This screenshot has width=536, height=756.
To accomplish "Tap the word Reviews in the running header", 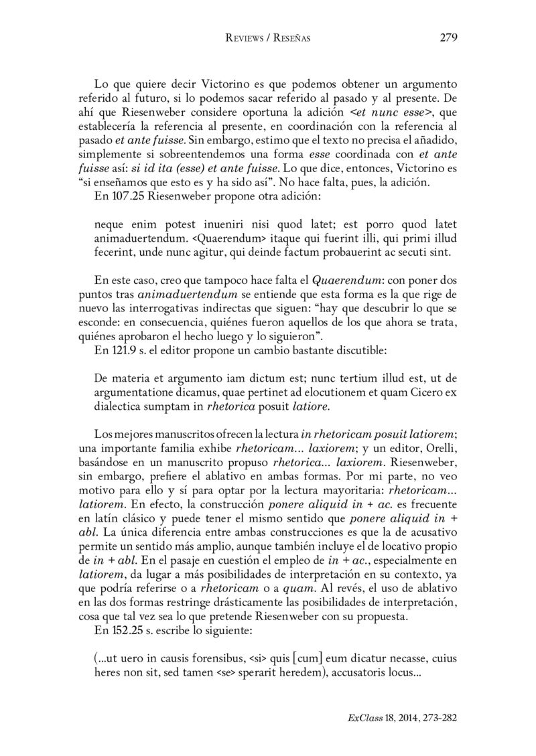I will coord(245,39).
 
